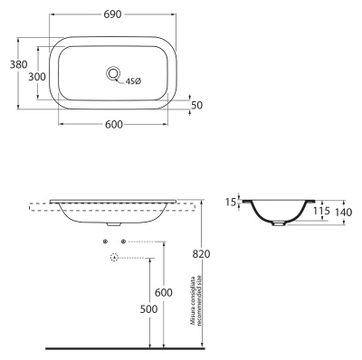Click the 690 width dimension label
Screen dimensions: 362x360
tap(112, 14)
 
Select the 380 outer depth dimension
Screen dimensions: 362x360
tap(18, 64)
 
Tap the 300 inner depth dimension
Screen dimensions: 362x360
tap(37, 77)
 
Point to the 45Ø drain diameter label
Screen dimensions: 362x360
tap(133, 81)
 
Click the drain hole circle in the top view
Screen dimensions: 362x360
tap(113, 73)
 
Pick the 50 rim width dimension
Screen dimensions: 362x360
tap(197, 105)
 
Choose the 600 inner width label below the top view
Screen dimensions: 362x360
tap(114, 124)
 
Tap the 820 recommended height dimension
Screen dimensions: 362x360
tap(201, 254)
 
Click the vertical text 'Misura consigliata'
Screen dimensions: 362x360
tap(192, 300)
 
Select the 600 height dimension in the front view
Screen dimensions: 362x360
tap(164, 292)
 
